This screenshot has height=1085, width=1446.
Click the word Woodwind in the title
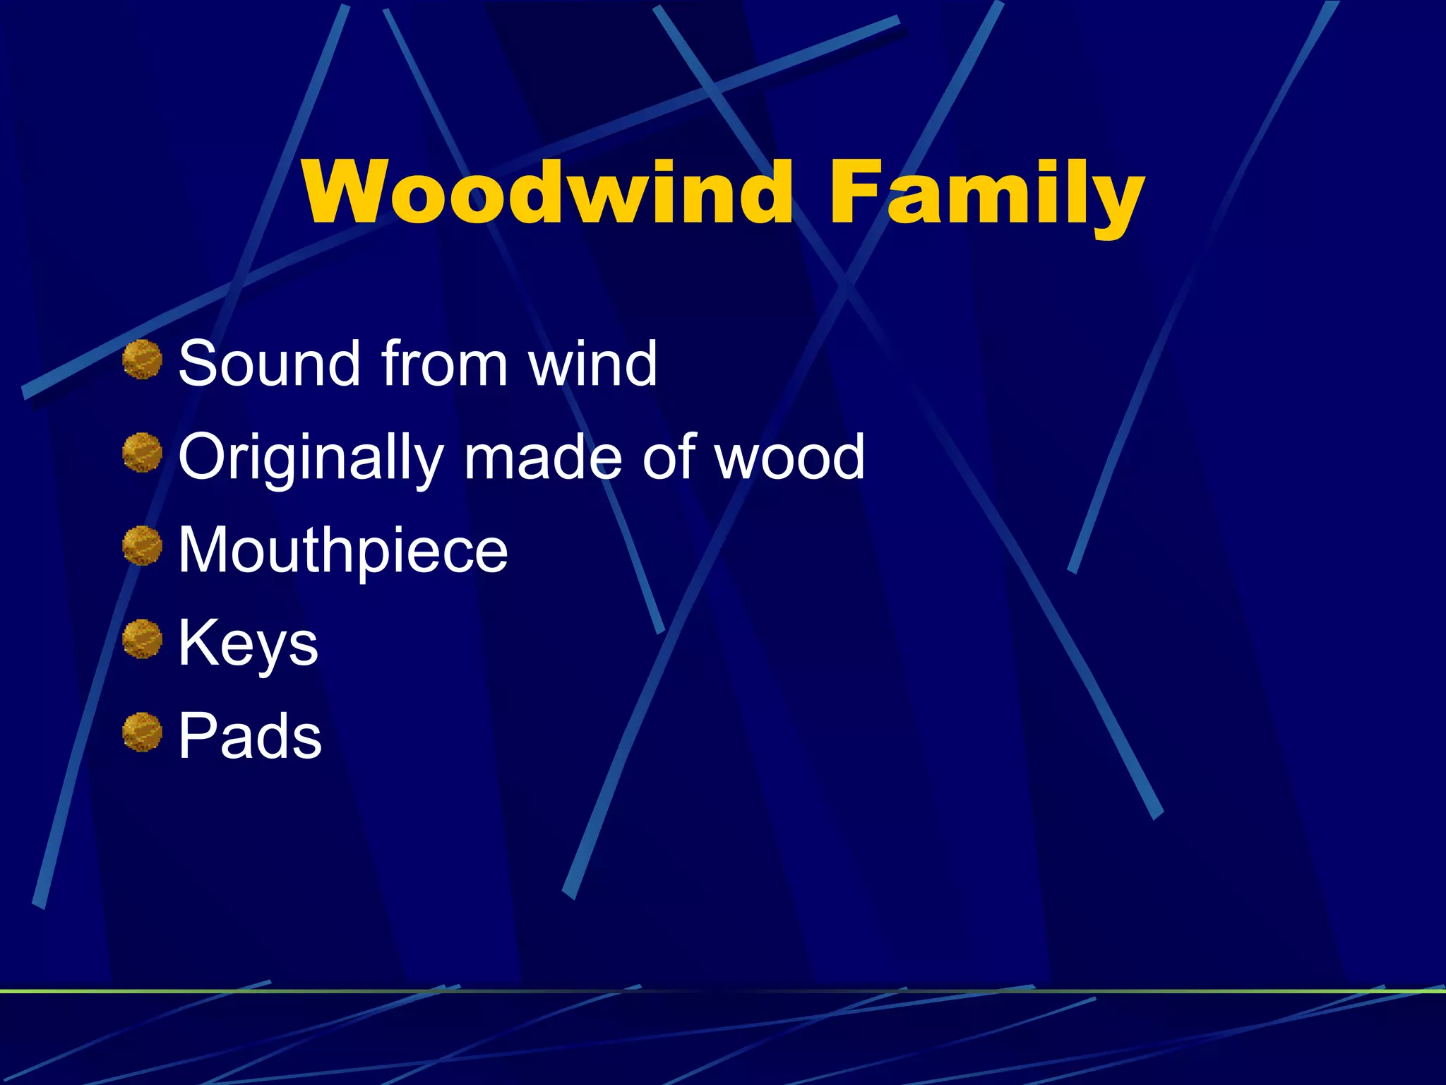548,193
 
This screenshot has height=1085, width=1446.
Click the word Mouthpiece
343,551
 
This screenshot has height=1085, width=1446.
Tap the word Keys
248,644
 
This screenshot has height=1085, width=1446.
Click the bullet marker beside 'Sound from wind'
143,359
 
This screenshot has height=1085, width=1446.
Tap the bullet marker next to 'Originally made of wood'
143,453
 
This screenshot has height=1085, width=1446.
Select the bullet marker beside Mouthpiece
143,545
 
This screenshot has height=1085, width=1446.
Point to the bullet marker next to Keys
143,639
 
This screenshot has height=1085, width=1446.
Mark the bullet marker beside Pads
143,733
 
